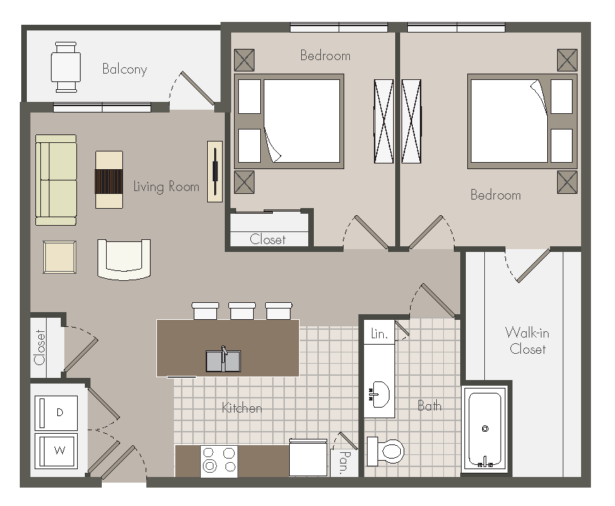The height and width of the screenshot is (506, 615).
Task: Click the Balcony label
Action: tap(124, 69)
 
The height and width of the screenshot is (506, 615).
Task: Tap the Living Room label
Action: tap(166, 186)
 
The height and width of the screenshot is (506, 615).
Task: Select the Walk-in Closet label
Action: tap(527, 340)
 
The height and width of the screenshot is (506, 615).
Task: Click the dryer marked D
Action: tap(57, 413)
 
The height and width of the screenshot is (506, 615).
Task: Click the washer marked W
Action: tap(57, 451)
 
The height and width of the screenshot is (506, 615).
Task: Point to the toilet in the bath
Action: tap(385, 451)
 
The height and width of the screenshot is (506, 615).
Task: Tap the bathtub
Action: tap(485, 429)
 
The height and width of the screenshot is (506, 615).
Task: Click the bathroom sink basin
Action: tap(379, 394)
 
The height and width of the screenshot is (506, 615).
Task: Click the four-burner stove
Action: tap(219, 461)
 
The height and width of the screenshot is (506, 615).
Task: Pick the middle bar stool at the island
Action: tap(242, 311)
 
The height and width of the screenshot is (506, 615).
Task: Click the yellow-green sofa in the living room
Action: tap(56, 180)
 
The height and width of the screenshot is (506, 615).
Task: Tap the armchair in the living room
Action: tap(124, 260)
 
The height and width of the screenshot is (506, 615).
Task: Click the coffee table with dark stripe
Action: tap(109, 179)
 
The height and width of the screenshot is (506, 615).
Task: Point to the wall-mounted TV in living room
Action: tap(215, 171)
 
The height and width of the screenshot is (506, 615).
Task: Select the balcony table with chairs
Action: tap(66, 67)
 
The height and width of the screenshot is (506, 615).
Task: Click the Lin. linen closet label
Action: tap(379, 333)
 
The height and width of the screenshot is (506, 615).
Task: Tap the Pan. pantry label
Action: tap(344, 462)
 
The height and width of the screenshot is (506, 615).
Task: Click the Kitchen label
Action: tap(242, 408)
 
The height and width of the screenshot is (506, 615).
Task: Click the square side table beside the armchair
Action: tap(59, 257)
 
